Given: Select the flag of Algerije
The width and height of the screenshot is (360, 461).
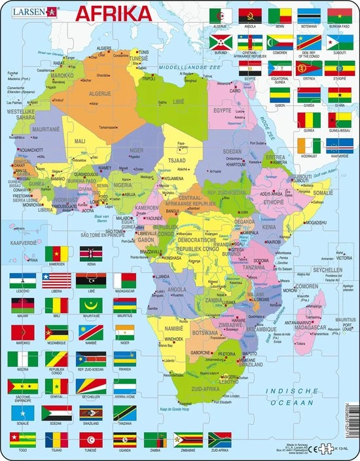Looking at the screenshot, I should (220, 15).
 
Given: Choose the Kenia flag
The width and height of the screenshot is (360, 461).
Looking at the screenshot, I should (91, 253).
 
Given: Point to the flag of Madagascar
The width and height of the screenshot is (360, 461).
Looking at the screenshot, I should (125, 280).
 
